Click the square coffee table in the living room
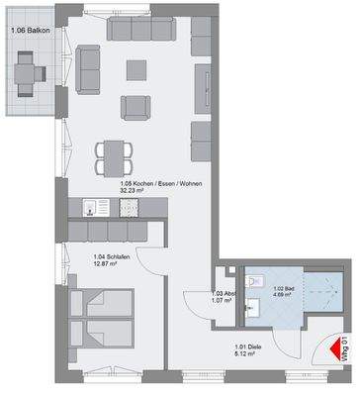135,68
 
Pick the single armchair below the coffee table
135,105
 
